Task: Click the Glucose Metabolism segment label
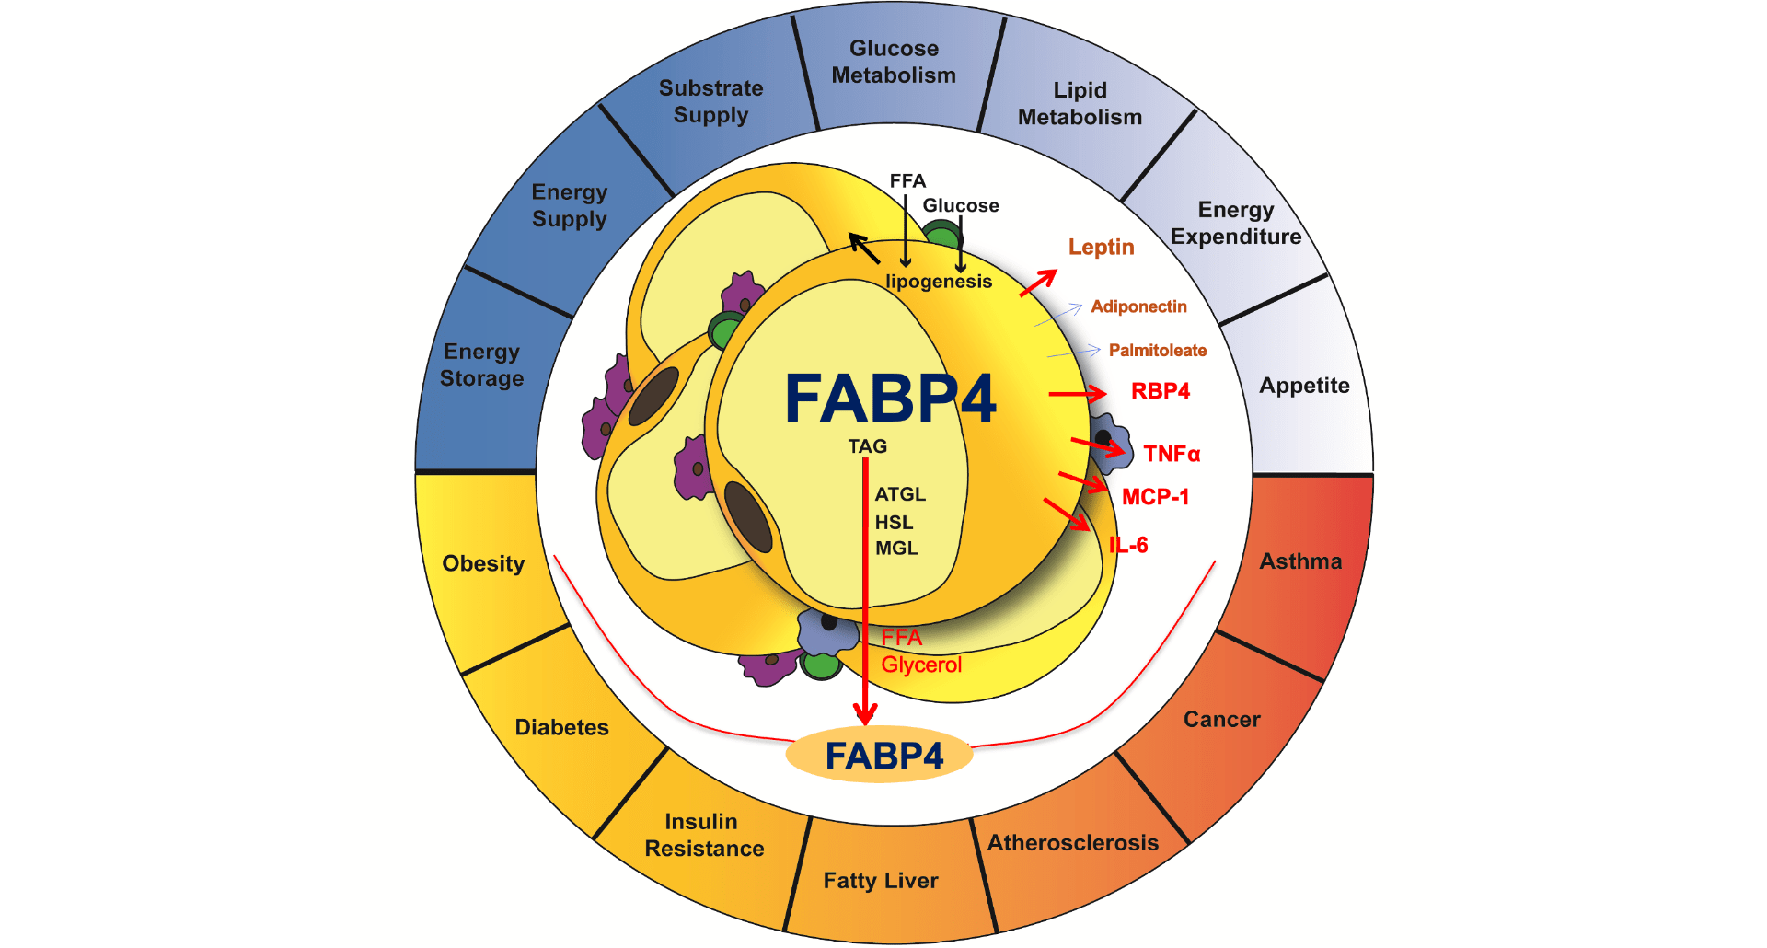click(x=894, y=62)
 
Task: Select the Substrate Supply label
click(x=710, y=101)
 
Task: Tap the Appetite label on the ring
click(x=1304, y=386)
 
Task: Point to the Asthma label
click(x=1300, y=561)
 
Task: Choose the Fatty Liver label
click(x=881, y=881)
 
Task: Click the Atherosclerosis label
click(x=1073, y=843)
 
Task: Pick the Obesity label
click(x=483, y=563)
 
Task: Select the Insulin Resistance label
click(x=704, y=835)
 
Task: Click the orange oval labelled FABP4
click(x=879, y=756)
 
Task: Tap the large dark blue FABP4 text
click(x=890, y=399)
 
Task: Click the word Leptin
click(x=1101, y=247)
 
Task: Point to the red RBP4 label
click(x=1160, y=391)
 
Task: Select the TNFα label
click(x=1172, y=454)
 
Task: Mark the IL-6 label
click(x=1128, y=545)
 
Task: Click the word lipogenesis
click(x=939, y=282)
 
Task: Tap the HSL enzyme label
click(x=894, y=523)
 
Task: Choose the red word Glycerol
click(x=921, y=665)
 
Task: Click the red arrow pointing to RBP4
click(x=1077, y=394)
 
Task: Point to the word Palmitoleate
click(x=1157, y=351)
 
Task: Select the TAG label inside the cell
click(x=867, y=446)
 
